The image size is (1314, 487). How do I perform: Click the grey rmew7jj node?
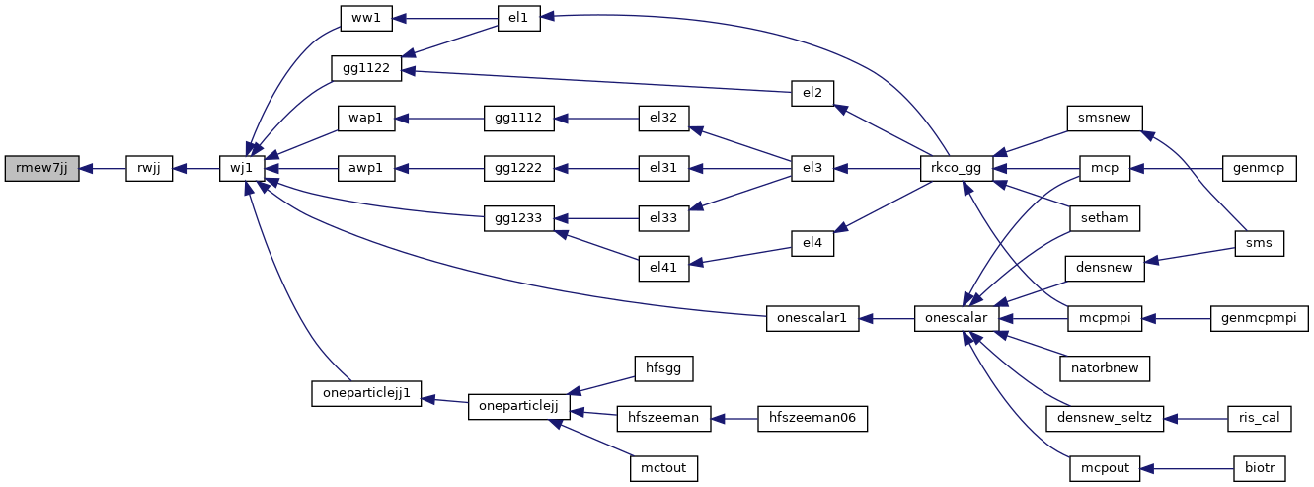[41, 168]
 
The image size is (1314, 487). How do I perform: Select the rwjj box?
[149, 168]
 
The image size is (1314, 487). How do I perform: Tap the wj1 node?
[242, 168]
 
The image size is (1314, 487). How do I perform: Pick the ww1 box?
[366, 18]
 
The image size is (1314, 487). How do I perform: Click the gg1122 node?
[366, 68]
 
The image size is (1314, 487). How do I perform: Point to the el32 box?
[663, 119]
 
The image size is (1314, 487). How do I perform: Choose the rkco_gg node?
[957, 168]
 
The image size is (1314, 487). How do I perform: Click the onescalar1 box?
[812, 319]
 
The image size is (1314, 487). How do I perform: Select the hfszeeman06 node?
[812, 419]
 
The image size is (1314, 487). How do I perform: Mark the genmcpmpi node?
[1259, 319]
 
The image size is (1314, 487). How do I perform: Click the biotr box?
[1260, 469]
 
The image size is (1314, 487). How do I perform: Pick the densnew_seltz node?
[1105, 419]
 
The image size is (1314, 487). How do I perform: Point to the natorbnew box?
[1105, 368]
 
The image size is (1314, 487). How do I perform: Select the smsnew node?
[1105, 119]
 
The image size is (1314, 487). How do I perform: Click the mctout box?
[663, 469]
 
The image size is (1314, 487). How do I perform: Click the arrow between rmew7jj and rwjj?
[103, 169]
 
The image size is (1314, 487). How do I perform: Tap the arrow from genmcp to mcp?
[1176, 169]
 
